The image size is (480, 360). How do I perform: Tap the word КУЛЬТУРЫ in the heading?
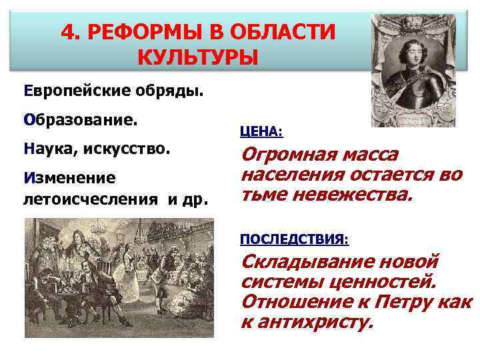point(197,58)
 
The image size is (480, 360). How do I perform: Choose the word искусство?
point(127,151)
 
